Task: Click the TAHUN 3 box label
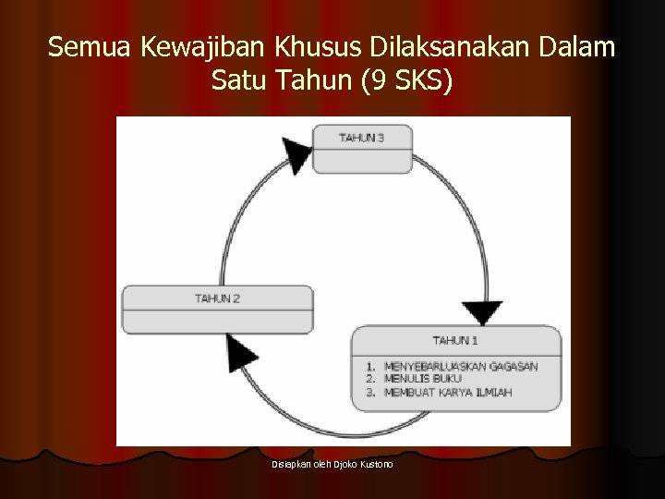pyautogui.click(x=361, y=138)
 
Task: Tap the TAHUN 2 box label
pyautogui.click(x=217, y=298)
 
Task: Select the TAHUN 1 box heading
pyautogui.click(x=455, y=339)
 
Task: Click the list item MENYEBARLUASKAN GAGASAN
pyautogui.click(x=461, y=367)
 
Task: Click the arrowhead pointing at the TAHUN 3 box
pyautogui.click(x=294, y=140)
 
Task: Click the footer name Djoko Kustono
pyautogui.click(x=365, y=464)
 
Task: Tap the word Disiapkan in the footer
pyautogui.click(x=290, y=464)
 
